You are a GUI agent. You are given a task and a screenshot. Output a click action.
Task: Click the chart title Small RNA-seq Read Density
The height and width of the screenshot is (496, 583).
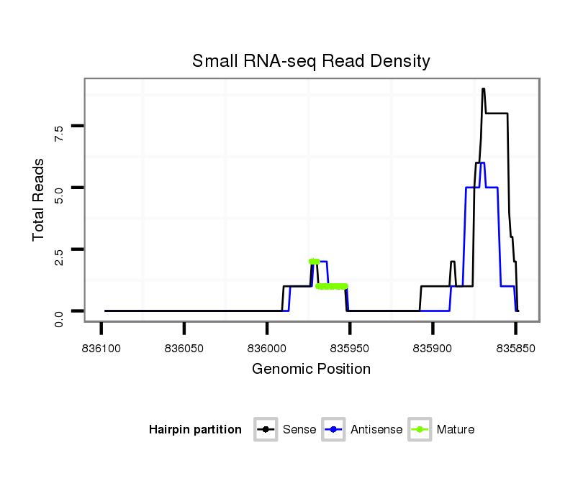point(311,61)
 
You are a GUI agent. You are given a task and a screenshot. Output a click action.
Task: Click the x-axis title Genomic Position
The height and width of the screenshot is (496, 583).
point(311,369)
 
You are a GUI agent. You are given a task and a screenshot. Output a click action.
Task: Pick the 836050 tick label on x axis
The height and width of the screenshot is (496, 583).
point(184,349)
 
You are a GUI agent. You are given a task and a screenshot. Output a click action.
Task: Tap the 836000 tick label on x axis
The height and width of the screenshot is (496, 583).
point(267,349)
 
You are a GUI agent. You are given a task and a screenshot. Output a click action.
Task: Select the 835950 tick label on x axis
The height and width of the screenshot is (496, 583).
point(350,349)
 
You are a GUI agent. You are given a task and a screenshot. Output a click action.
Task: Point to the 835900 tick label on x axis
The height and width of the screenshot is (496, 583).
point(433,349)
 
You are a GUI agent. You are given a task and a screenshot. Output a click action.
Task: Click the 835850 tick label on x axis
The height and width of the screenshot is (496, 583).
point(516,349)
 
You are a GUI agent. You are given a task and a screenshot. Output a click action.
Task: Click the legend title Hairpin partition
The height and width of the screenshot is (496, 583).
point(195,430)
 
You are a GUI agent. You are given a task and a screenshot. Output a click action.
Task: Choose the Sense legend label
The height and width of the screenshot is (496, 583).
point(299,430)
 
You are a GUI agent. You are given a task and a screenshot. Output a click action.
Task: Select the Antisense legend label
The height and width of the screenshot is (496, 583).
point(376,430)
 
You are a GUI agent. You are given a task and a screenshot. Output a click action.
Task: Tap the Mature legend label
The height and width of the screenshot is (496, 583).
point(456,430)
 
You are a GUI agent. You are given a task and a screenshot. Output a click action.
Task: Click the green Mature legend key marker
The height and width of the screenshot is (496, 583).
point(420,430)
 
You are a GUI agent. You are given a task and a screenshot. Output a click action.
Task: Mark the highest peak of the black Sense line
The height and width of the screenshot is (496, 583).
point(484,89)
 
